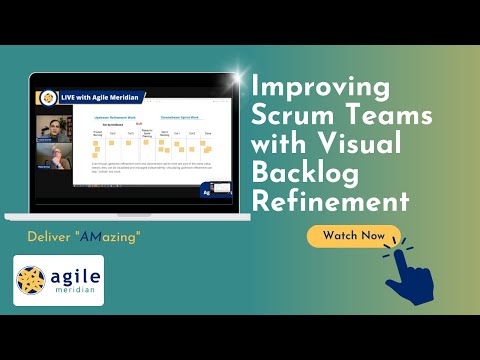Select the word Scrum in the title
click(x=296, y=116)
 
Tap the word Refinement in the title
click(x=331, y=201)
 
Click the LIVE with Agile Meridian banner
click(x=99, y=97)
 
